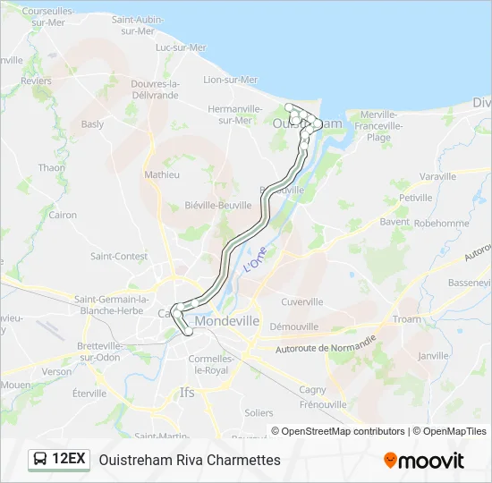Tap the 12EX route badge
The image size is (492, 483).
coord(59,460)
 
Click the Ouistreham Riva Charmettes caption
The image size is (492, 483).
coord(190,461)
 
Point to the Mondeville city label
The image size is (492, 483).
coord(226,320)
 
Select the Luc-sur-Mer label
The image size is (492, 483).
coord(181,47)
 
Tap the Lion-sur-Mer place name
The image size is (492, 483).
coord(230,79)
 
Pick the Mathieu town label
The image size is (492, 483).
coord(162,174)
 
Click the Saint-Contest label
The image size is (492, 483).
coord(118,256)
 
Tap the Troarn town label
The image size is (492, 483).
coord(406,319)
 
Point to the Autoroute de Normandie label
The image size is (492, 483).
coord(325,344)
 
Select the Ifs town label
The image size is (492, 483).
coord(186,392)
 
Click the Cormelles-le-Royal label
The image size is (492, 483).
coord(210,364)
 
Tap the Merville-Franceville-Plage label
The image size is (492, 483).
coord(384,125)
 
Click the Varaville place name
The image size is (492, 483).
coord(437,176)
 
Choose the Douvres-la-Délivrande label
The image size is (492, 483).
coord(155,89)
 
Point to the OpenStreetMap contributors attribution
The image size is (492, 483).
coord(343,431)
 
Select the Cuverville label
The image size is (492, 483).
coord(301,301)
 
